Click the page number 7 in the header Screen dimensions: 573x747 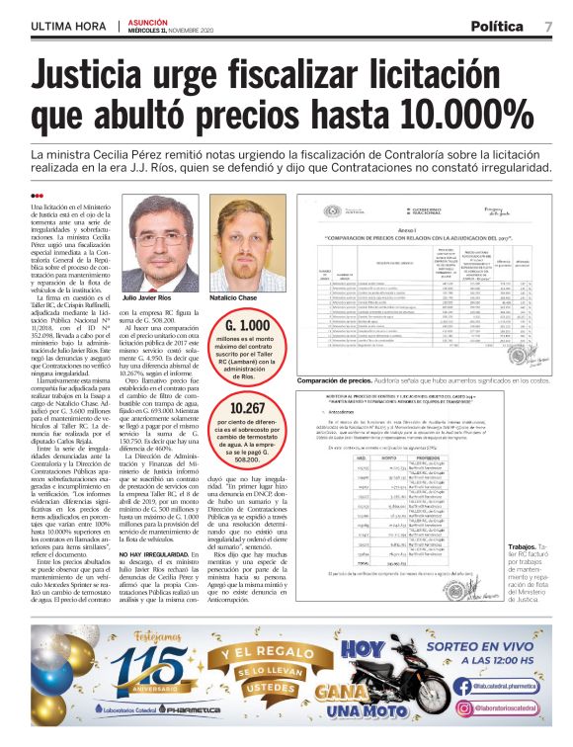(548, 27)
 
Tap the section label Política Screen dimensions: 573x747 (497, 27)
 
